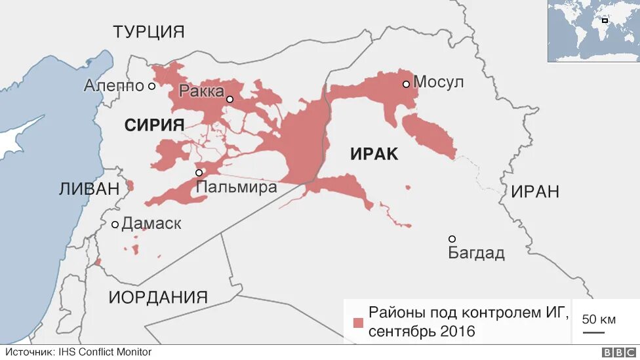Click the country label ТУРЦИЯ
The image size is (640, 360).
tap(148, 31)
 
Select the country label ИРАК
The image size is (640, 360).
tap(374, 154)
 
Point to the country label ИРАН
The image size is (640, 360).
tap(535, 191)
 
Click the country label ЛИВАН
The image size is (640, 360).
tap(89, 189)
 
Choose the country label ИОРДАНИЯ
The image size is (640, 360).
tap(158, 296)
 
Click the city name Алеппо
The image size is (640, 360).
tap(113, 86)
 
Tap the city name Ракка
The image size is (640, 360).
tap(201, 91)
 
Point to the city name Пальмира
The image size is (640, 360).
tap(237, 187)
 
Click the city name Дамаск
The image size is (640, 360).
tap(151, 224)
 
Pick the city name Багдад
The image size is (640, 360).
tap(477, 253)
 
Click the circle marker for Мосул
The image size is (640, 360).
tap(407, 84)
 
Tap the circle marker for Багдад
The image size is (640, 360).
tap(452, 239)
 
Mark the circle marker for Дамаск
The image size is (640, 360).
tap(115, 224)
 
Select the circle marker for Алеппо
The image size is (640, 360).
tap(151, 86)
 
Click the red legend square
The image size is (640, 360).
tap(358, 323)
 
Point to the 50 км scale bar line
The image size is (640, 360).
tap(594, 332)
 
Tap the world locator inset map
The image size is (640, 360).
tap(593, 31)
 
